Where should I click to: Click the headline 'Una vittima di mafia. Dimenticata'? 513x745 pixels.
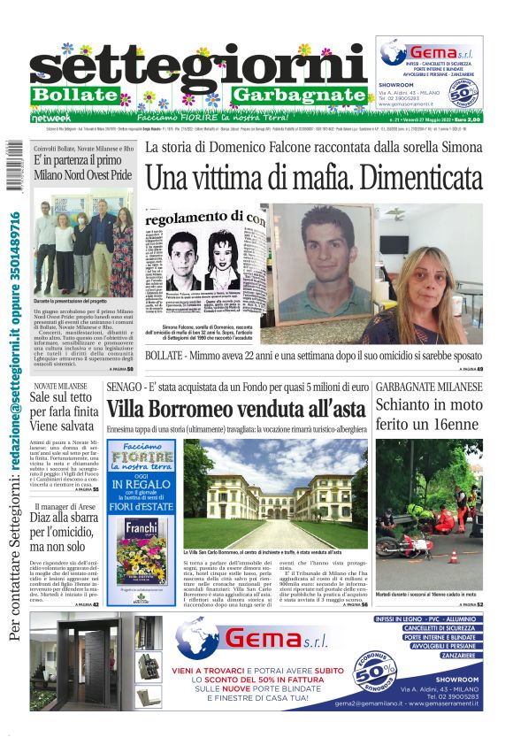click(x=314, y=176)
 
